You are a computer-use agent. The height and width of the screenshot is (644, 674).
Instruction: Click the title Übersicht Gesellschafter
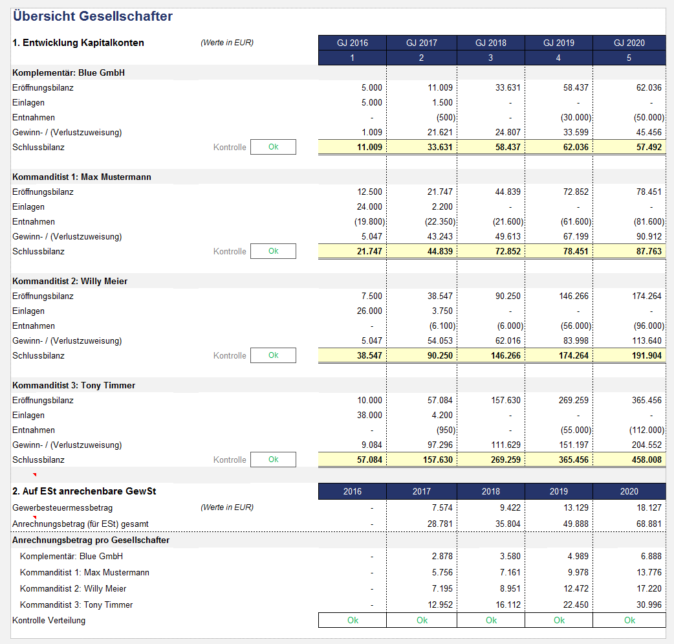coord(93,16)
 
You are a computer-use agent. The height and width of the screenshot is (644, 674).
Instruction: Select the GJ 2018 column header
coord(490,43)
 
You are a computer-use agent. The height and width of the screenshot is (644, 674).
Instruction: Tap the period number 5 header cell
coord(629,58)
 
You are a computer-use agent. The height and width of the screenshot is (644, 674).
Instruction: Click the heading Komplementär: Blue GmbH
coord(69,72)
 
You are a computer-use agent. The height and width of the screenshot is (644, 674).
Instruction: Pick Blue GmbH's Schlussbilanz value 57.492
coord(649,147)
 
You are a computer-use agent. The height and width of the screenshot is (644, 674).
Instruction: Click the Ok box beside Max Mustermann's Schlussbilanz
coord(273,251)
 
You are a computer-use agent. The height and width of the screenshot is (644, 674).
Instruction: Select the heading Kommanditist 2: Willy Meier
coord(70,281)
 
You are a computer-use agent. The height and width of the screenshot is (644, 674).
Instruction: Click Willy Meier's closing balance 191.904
coord(646,355)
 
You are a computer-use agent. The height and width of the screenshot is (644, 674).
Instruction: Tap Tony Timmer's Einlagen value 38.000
coord(369,415)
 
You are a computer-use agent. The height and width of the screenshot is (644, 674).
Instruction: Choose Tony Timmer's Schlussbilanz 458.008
coord(646,460)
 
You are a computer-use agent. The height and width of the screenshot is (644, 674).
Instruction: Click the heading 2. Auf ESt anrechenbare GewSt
coord(84,491)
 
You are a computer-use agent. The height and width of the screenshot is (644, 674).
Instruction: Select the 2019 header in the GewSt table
coord(558,491)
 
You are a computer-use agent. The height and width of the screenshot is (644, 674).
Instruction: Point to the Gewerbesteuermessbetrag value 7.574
coord(442,507)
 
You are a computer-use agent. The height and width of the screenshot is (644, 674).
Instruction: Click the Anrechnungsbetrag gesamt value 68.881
coord(649,524)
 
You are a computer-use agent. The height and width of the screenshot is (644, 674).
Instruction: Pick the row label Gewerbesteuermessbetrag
coord(62,507)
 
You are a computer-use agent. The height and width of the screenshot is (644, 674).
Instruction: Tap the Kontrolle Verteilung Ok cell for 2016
coord(353,620)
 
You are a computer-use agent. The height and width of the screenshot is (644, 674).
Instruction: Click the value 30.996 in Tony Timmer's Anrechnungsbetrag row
coord(649,605)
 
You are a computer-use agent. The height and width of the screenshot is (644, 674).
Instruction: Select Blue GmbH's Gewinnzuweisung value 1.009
coord(372,132)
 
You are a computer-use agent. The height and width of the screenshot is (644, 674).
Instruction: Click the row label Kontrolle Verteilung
coord(49,620)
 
